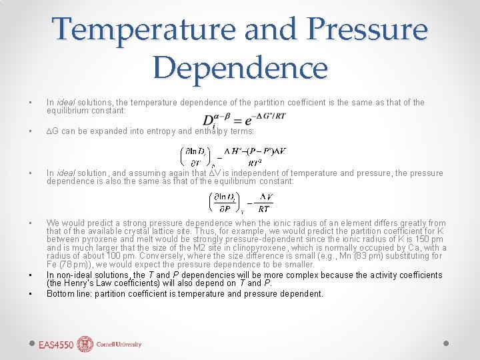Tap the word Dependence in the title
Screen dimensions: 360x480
coord(240,67)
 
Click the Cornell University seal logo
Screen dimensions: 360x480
coord(85,344)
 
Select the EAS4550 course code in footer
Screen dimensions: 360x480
coord(56,345)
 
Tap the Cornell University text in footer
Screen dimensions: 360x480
coord(119,345)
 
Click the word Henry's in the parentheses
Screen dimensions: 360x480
coord(77,283)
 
